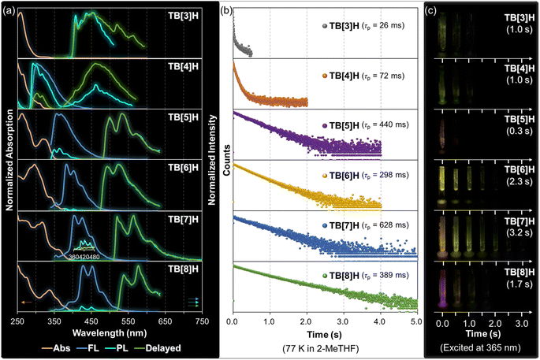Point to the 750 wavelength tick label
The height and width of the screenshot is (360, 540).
pyautogui.click(x=201, y=323)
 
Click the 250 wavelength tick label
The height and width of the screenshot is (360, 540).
pyautogui.click(x=18, y=323)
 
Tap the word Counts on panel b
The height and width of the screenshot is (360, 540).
pyautogui.click(x=225, y=167)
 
